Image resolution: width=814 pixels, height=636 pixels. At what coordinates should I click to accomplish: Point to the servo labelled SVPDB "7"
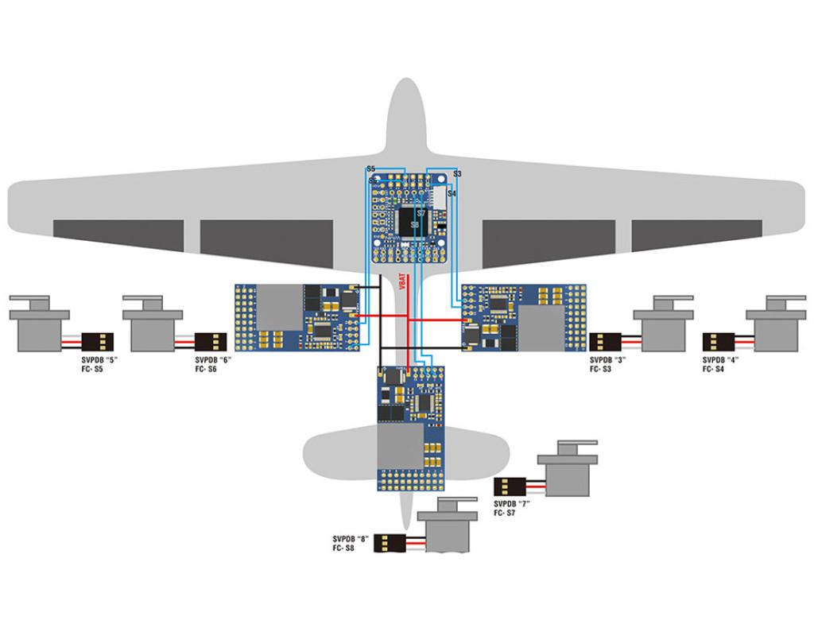[x=566, y=472]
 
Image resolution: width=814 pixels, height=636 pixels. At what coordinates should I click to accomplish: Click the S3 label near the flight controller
[x=457, y=173]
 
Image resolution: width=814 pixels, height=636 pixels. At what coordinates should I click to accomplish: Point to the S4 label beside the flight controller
[x=452, y=193]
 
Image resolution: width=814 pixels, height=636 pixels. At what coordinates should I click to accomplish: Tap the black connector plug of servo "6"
[x=215, y=342]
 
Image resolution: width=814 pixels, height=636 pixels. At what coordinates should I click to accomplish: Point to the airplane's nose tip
[x=408, y=83]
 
